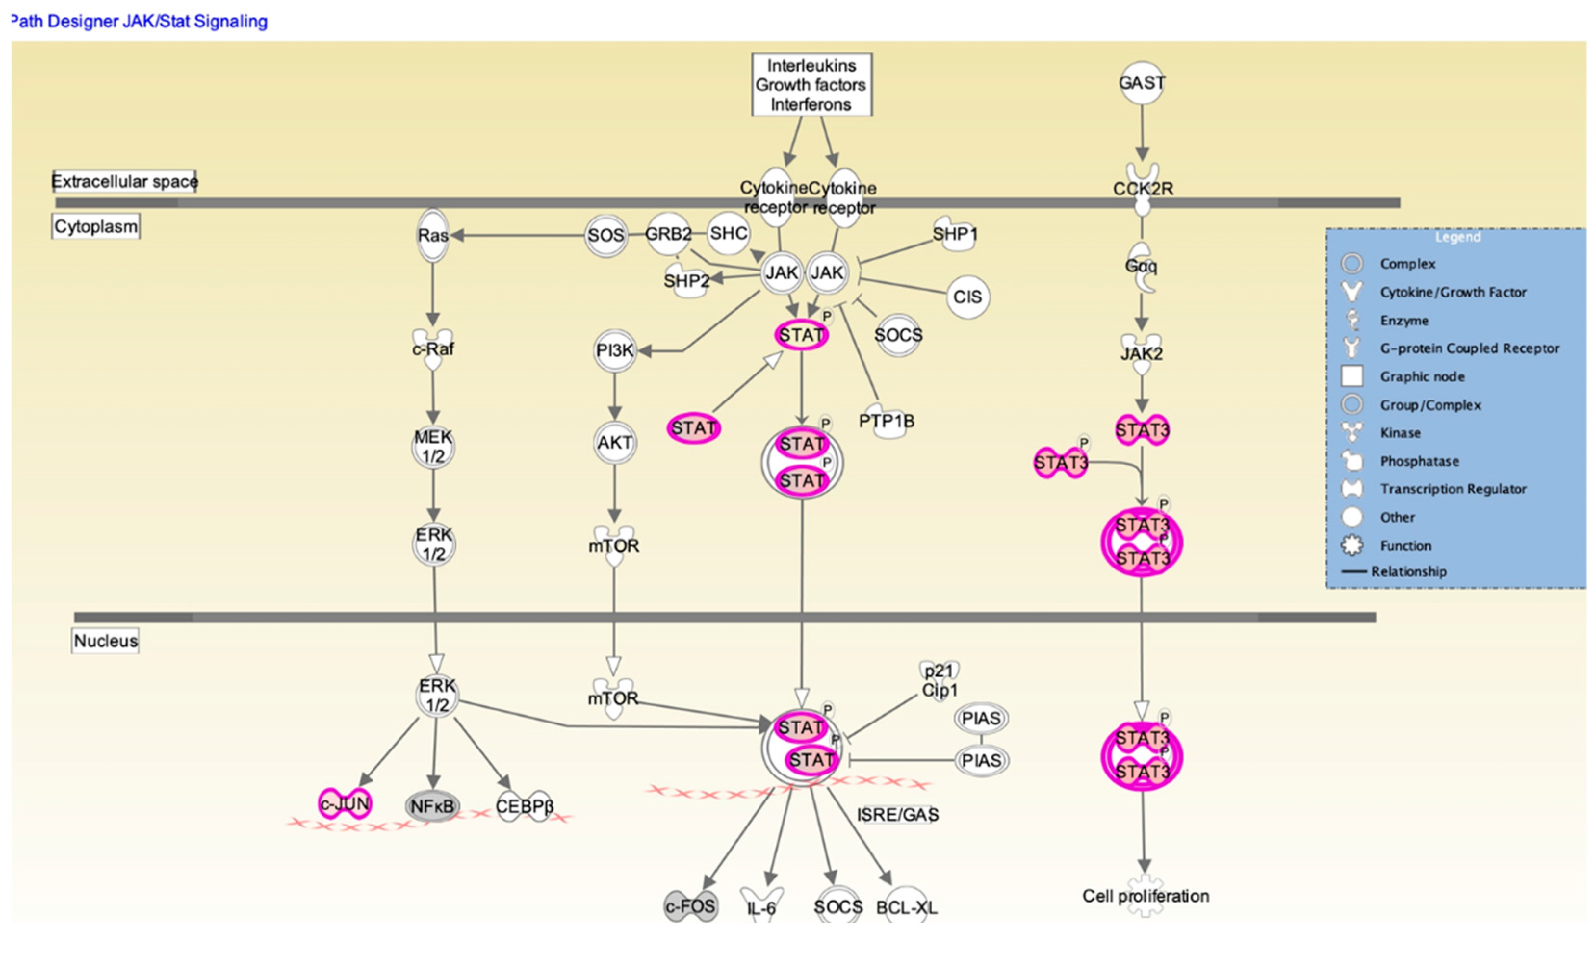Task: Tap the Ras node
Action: pyautogui.click(x=433, y=235)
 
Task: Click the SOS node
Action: pyautogui.click(x=605, y=235)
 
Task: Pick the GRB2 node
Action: pyautogui.click(x=669, y=233)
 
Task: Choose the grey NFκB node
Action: pyautogui.click(x=432, y=806)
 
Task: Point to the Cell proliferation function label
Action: pyautogui.click(x=1145, y=896)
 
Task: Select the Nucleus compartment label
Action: pyautogui.click(x=105, y=641)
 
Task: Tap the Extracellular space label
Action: pyautogui.click(x=125, y=181)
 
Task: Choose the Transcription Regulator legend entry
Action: pyautogui.click(x=1453, y=489)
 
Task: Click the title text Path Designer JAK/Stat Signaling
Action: pyautogui.click(x=139, y=21)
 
